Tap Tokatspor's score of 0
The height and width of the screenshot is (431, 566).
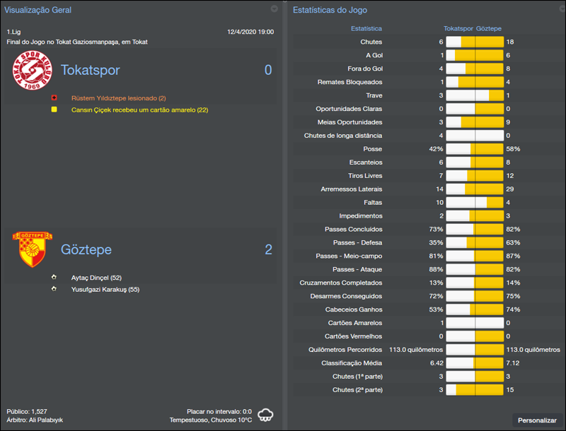267,70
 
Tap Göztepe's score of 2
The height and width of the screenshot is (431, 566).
267,249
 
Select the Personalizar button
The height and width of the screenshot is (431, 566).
537,420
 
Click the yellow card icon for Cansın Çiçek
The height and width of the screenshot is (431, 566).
54,110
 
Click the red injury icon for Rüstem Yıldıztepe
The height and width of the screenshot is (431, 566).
54,98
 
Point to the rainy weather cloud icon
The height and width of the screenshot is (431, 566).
267,414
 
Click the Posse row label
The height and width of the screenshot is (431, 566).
371,149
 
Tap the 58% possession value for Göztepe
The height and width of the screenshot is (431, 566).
513,149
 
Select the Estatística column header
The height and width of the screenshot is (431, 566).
366,29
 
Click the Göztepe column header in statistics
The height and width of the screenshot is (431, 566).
489,29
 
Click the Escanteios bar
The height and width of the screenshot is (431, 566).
475,163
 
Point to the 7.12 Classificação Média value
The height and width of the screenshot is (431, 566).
514,363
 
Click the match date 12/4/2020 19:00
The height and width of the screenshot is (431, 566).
250,33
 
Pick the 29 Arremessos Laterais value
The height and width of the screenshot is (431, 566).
510,189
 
